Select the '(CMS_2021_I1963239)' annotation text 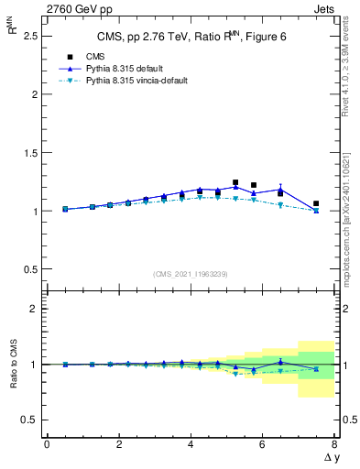click(x=190, y=274)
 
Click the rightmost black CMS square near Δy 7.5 click(x=316, y=203)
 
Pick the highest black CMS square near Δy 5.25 click(x=235, y=182)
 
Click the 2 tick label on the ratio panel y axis click(x=34, y=309)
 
